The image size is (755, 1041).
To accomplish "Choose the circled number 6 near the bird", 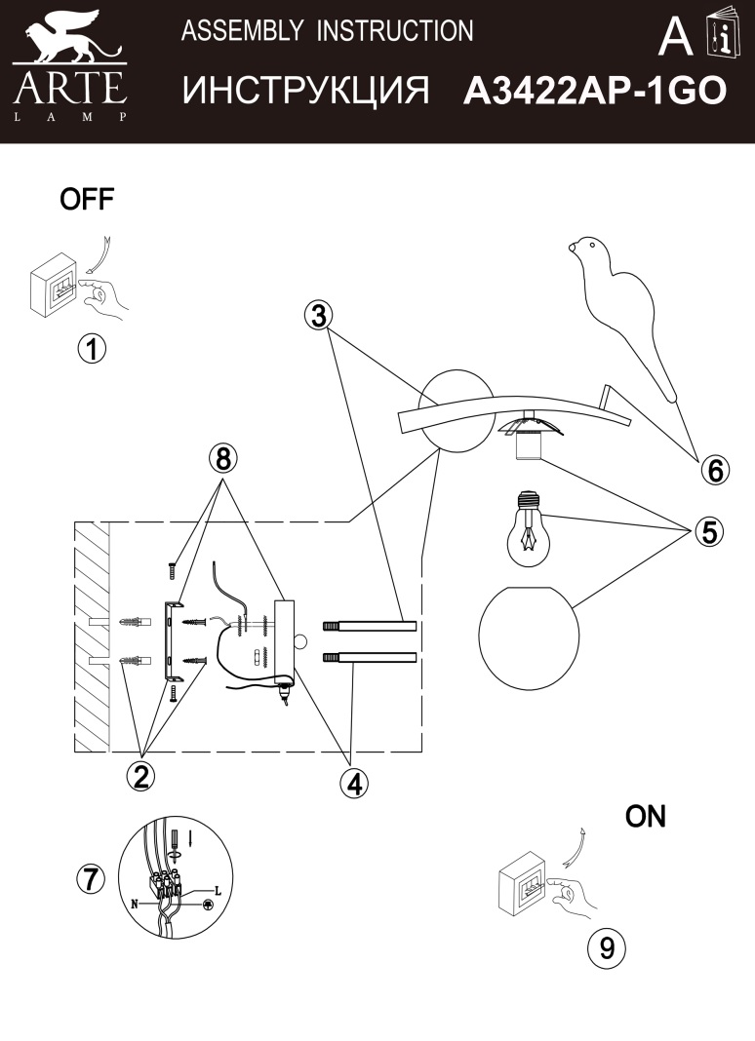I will [x=714, y=470].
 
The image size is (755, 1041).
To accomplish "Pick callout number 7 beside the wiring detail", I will [x=90, y=878].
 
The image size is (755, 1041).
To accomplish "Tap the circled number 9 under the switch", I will [x=607, y=947].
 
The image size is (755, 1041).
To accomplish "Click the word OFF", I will [x=87, y=201].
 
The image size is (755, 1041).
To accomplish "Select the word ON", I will [x=645, y=817].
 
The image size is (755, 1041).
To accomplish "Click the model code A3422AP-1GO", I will [x=594, y=91].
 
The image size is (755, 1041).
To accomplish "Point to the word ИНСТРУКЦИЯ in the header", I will [x=306, y=91].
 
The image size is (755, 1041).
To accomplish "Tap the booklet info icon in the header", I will [x=725, y=37].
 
